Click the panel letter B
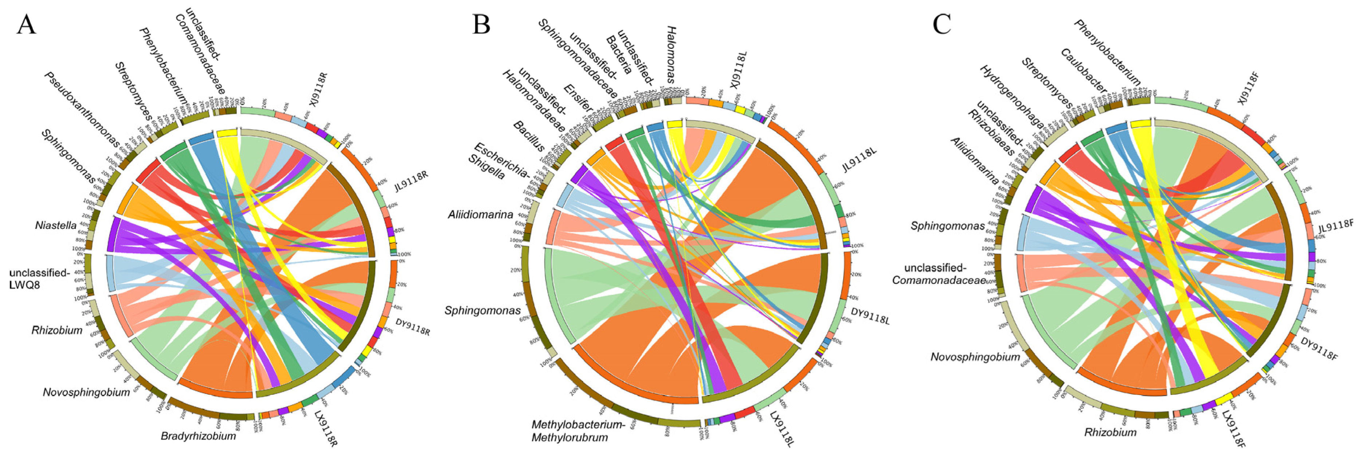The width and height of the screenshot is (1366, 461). pyautogui.click(x=481, y=24)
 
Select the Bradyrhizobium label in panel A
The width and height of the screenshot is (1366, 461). pyautogui.click(x=198, y=436)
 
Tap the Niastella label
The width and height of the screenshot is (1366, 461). pyautogui.click(x=56, y=226)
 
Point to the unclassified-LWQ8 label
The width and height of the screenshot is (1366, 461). pyautogui.click(x=39, y=279)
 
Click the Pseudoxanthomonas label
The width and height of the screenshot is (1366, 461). pyautogui.click(x=83, y=109)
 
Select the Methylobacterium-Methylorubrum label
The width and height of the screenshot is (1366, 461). pyautogui.click(x=576, y=431)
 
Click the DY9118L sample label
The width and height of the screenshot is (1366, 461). pyautogui.click(x=870, y=317)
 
